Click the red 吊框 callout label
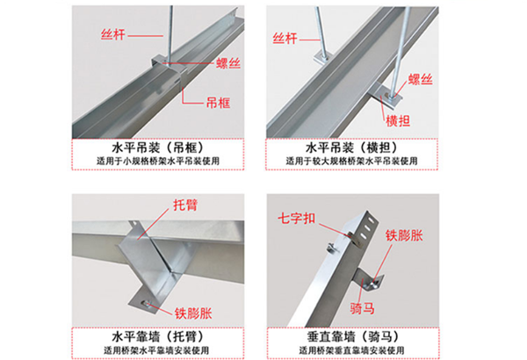tap(218, 103)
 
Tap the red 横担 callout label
tap(398, 120)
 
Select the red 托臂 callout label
tap(185, 205)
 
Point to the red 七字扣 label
tap(297, 219)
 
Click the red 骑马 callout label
tap(362, 308)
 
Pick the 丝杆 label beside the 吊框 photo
tap(113, 34)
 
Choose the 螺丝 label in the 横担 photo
tap(420, 79)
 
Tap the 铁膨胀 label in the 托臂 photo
tap(193, 313)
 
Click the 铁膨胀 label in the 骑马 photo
tap(404, 235)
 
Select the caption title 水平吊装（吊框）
tap(157, 148)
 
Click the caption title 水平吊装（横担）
tap(351, 148)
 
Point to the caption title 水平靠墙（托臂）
tap(157, 336)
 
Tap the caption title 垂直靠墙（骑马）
tap(352, 336)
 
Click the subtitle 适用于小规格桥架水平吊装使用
tap(158, 161)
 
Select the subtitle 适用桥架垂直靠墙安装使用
tap(351, 350)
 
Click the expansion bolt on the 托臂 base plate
tap(146, 304)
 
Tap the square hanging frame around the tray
tap(169, 71)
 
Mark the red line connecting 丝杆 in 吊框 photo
tap(146, 36)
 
